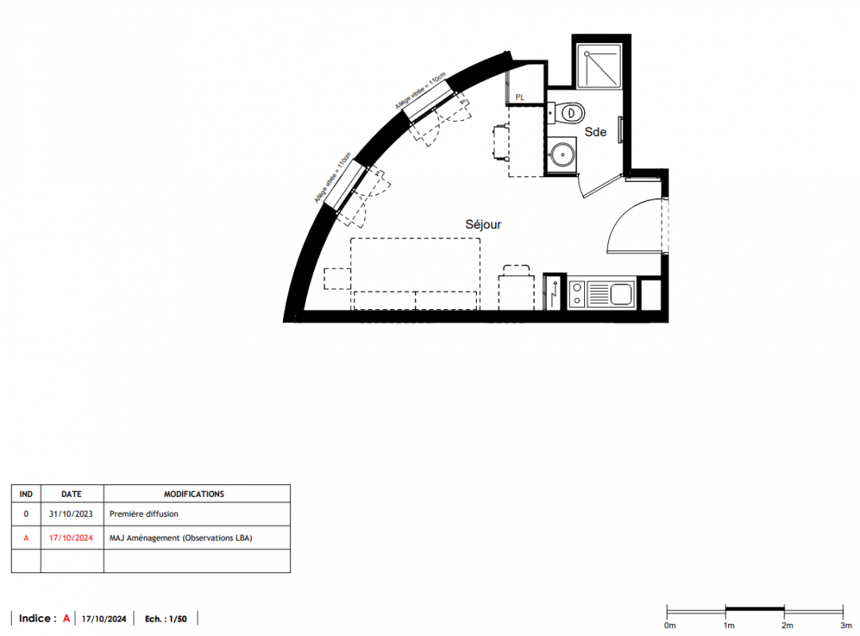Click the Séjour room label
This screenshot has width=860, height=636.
[483, 224]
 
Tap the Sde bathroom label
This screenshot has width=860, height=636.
[595, 132]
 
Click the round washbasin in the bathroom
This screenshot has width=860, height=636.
[562, 154]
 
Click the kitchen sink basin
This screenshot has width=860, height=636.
[622, 293]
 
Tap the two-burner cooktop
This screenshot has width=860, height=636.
[577, 293]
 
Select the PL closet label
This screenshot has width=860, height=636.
[520, 98]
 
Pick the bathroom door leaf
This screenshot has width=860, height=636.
[602, 187]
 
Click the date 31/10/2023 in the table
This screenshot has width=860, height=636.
[72, 514]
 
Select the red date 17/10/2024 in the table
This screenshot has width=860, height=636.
[72, 537]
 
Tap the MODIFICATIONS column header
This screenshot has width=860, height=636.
[194, 494]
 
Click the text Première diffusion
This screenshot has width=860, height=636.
[144, 514]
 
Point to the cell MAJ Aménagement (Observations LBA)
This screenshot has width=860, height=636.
[181, 537]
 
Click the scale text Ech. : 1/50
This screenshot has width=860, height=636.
[165, 619]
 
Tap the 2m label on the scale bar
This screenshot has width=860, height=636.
[787, 626]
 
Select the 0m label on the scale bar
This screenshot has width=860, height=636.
[670, 626]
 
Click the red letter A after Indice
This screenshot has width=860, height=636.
[66, 619]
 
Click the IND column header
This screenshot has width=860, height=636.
[25, 494]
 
